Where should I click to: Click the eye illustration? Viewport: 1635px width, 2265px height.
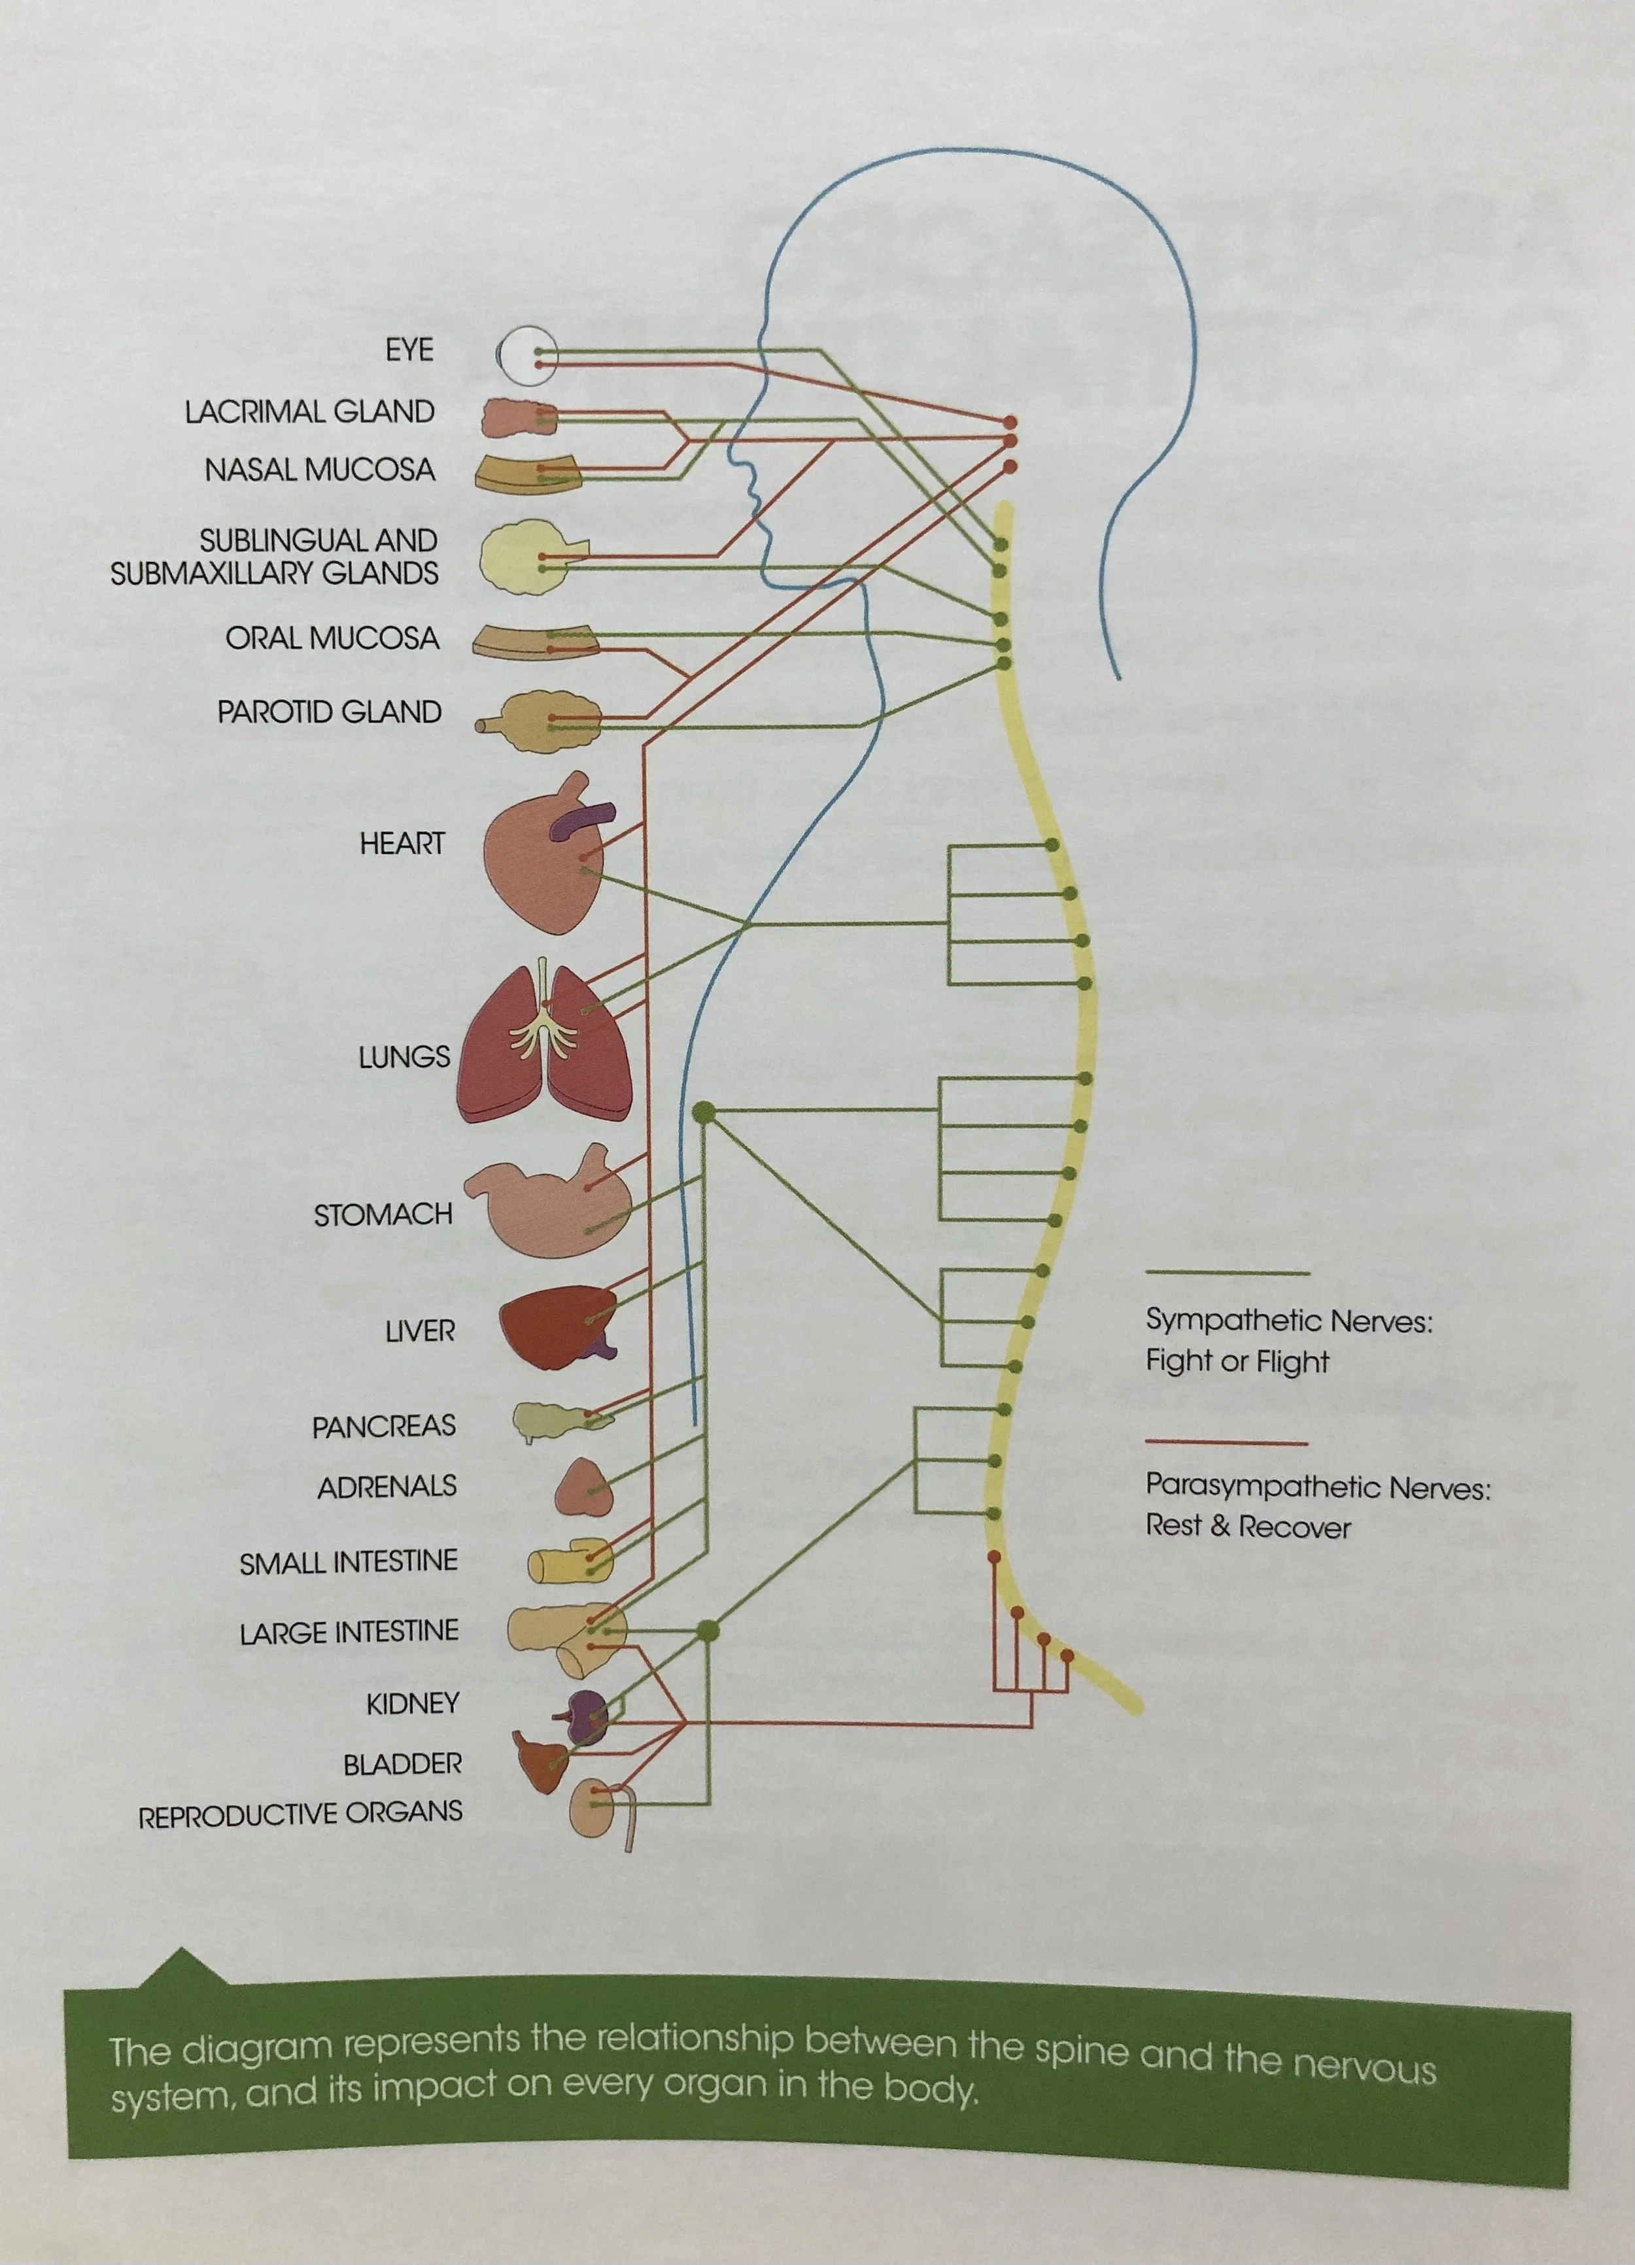click(526, 356)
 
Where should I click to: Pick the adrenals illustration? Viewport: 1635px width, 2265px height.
click(584, 1486)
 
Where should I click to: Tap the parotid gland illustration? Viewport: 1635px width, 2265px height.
click(544, 723)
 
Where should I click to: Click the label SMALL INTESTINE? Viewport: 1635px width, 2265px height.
click(349, 1562)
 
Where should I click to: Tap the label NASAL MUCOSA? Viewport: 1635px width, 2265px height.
click(320, 470)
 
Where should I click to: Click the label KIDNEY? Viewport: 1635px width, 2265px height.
click(413, 1703)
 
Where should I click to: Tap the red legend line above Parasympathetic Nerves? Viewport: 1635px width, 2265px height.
click(1226, 1442)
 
